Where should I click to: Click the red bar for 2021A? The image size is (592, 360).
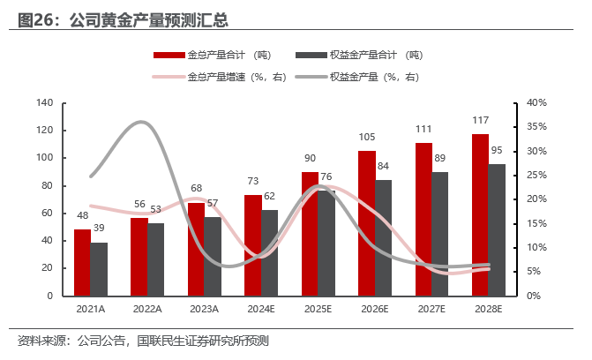tap(82, 262)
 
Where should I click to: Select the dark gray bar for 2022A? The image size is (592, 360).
tap(155, 259)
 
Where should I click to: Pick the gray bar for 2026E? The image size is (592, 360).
tap(383, 237)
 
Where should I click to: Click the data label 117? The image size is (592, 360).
tap(481, 121)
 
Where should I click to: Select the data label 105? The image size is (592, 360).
tap(367, 137)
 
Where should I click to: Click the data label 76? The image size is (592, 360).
tap(327, 176)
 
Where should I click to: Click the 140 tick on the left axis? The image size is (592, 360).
tap(45, 103)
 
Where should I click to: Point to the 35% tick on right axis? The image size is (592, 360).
tap(537, 127)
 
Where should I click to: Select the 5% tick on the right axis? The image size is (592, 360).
tap(535, 272)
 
